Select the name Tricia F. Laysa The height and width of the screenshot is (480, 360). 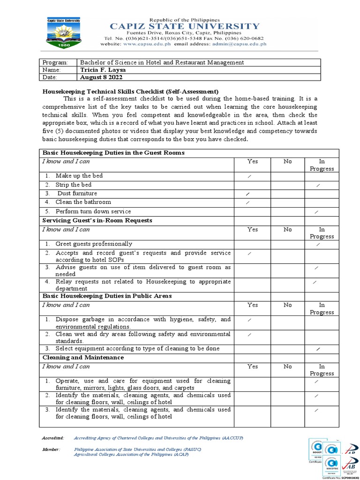click(x=103, y=70)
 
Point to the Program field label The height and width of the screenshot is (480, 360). click(x=55, y=62)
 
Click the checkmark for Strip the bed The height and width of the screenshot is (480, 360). click(x=318, y=186)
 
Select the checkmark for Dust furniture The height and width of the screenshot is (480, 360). click(x=247, y=194)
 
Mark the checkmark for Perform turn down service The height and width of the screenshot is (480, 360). click(x=317, y=212)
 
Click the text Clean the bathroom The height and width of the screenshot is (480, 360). click(x=83, y=202)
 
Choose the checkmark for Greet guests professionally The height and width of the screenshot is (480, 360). click(x=318, y=244)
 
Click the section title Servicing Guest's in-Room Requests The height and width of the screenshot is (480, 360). click(x=97, y=220)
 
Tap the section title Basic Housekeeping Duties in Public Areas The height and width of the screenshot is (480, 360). click(x=107, y=296)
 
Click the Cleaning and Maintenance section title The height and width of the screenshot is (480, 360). click(x=83, y=358)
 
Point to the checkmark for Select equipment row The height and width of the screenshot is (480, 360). click(x=318, y=350)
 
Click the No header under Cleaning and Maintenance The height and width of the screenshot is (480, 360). click(x=287, y=367)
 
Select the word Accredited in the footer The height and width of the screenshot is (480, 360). click(x=53, y=437)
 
